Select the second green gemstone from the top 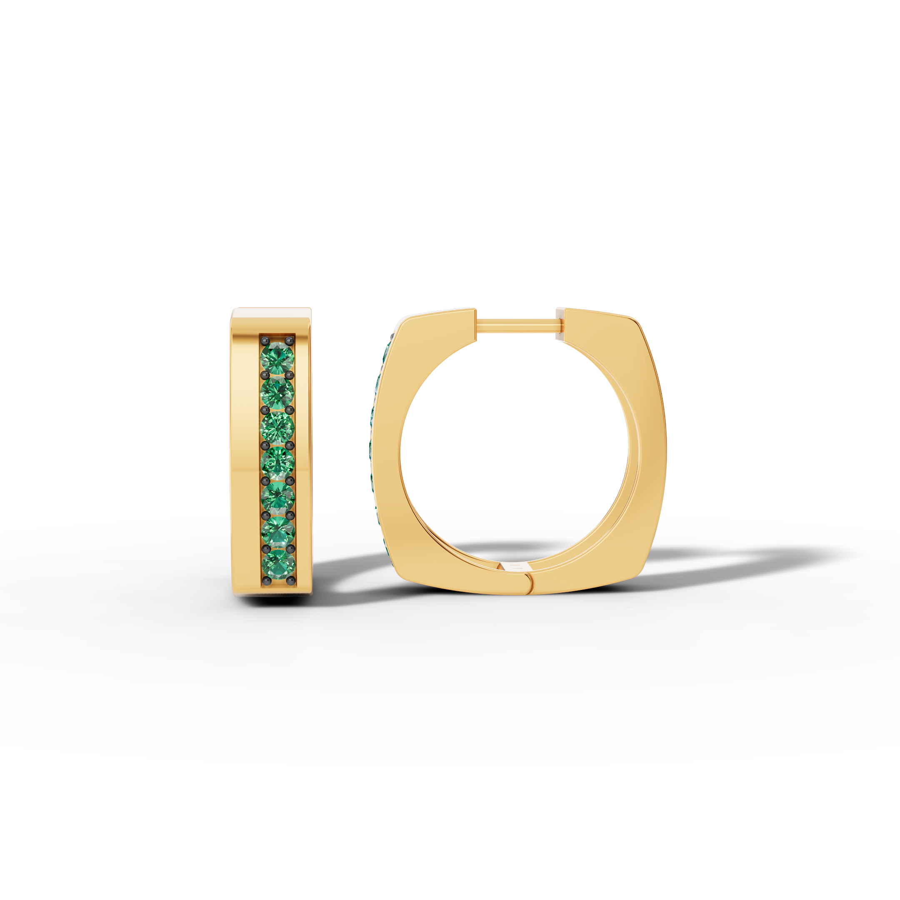(277, 392)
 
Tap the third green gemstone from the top (277, 427)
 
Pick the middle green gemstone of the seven (277, 462)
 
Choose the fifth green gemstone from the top (277, 497)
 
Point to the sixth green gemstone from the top (277, 532)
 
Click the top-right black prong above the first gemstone (292, 341)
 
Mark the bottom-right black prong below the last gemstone (292, 580)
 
